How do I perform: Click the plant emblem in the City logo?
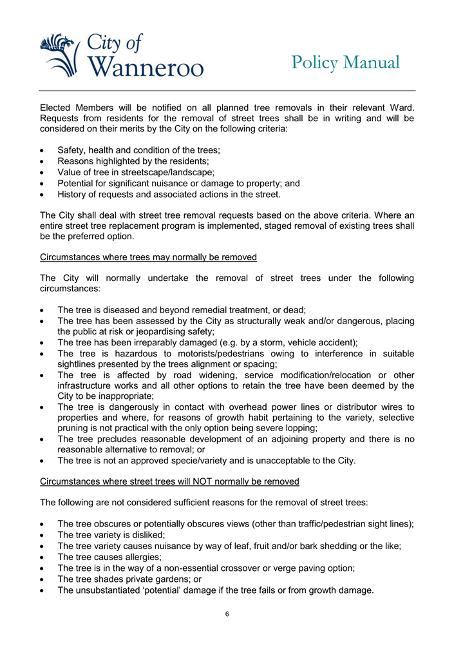60,54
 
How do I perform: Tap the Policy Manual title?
345,63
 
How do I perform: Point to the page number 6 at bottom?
227,614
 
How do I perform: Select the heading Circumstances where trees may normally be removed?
148,257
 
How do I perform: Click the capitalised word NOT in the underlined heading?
193,481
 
